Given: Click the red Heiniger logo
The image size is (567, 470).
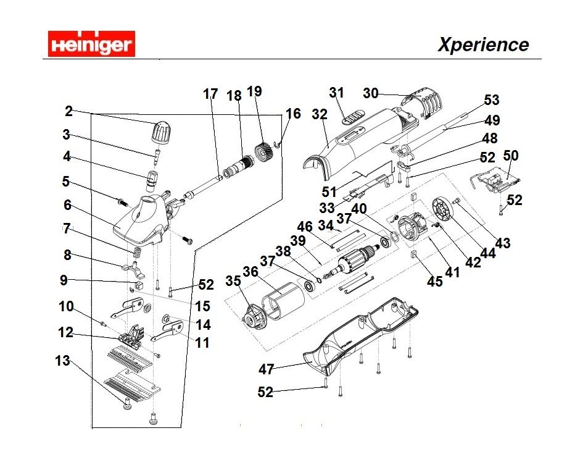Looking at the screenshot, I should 91,44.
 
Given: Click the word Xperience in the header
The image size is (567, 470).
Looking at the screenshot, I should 483,44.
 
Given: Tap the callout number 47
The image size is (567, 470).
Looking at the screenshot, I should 267,369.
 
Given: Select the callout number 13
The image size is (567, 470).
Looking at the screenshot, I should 63,361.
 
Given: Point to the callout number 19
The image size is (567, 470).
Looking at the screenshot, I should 254,91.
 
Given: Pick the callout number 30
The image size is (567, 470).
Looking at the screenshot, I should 370,93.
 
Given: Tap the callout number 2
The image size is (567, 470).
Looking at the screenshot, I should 68,111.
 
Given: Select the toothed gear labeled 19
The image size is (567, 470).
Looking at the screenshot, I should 264,152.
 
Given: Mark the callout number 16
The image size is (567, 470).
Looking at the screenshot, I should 293,114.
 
